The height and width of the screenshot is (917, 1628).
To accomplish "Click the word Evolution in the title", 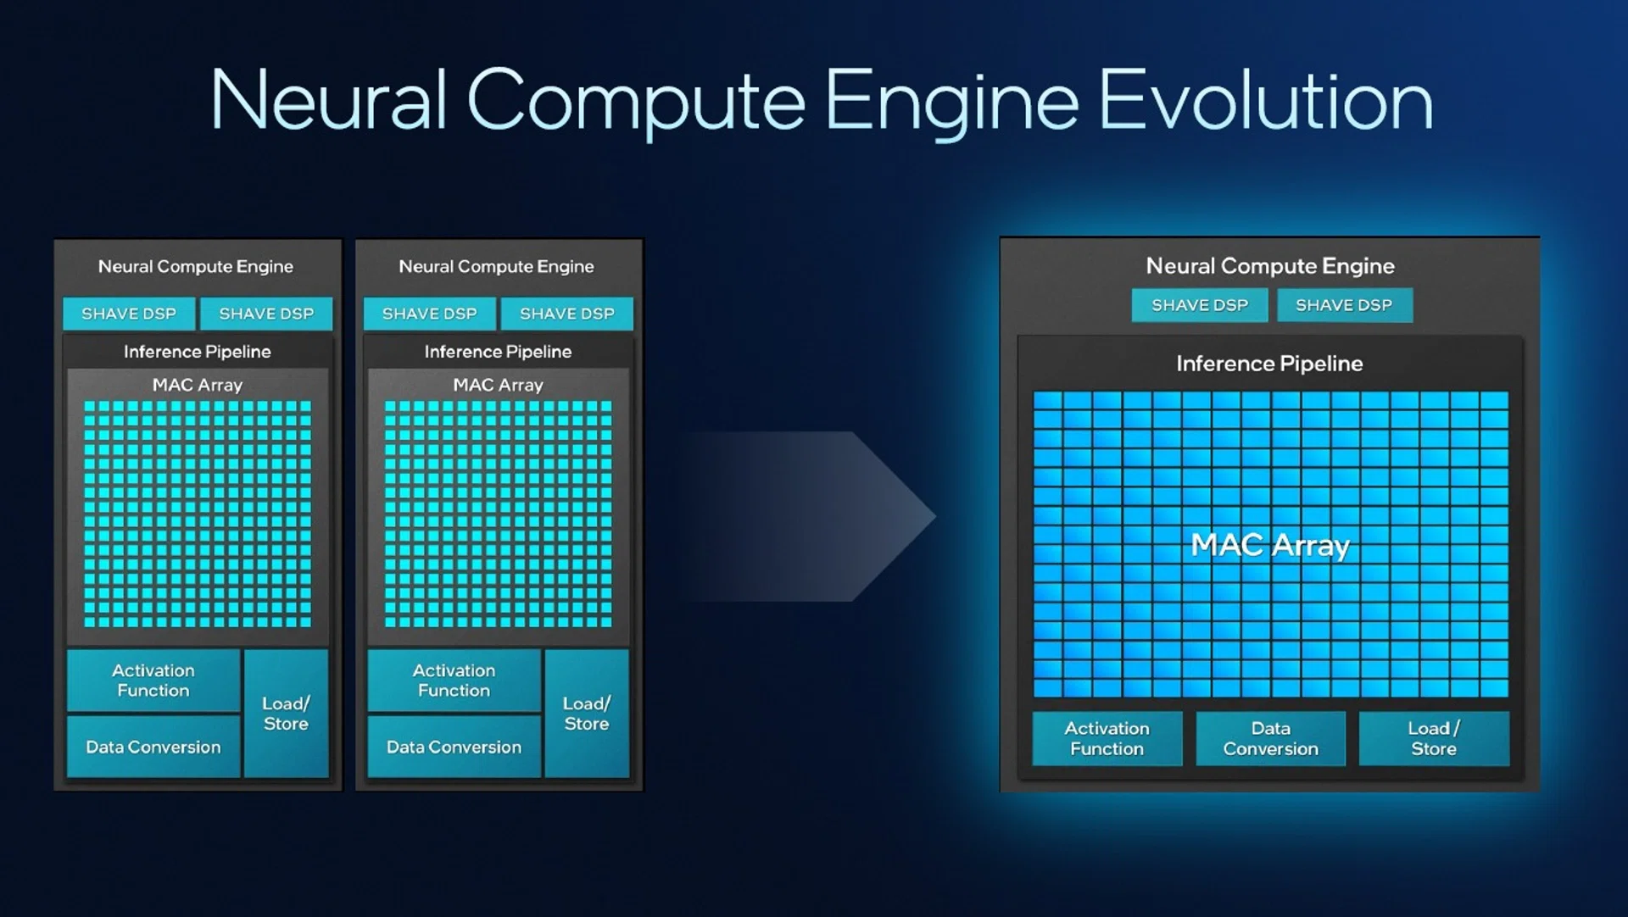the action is pos(1265,100).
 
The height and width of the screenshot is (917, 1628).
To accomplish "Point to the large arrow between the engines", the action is pos(810,516).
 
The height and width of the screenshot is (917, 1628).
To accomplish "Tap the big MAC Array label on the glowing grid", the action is pos(1270,545).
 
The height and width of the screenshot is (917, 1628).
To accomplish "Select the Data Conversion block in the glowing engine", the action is pos(1270,738).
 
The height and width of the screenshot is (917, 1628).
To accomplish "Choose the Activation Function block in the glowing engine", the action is pos(1107,738).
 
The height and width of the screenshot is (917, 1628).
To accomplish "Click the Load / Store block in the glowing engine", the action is pos(1434,738).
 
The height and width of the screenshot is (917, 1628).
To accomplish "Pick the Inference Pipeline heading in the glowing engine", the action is pos(1269,364).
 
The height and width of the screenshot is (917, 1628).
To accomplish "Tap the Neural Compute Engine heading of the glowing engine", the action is pos(1270,266).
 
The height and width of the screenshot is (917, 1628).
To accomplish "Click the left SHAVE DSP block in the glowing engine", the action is pos(1200,305).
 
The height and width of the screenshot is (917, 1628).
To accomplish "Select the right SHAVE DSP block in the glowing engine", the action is pos(1344,305).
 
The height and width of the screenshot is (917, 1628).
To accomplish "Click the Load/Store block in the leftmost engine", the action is pos(286,714).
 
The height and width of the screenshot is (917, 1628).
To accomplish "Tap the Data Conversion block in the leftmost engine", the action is pos(153,747).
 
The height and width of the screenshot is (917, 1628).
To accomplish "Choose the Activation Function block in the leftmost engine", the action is pos(153,681).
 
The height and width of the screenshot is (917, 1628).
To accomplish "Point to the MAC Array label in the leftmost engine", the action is pos(198,385).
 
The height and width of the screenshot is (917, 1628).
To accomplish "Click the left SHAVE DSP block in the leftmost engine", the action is pos(129,314).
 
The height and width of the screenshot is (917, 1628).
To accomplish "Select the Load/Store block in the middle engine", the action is pos(587,714).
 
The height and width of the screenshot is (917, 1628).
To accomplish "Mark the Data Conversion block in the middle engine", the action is pos(454,747).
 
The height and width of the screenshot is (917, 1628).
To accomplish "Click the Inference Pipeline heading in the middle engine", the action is pos(498,352).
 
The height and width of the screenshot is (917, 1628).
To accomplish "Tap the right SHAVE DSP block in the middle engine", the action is pos(567,314).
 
